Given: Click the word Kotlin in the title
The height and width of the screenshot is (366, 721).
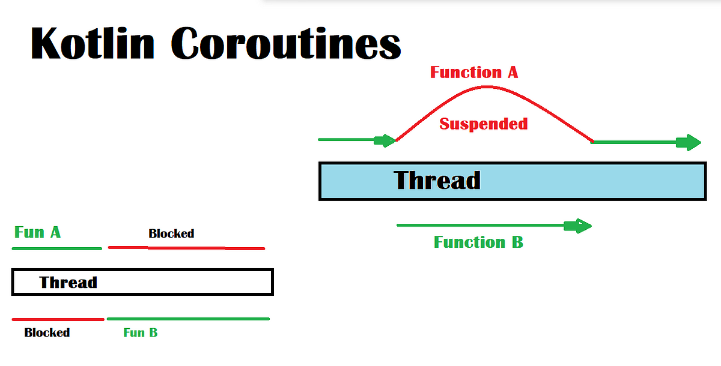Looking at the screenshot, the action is (93, 43).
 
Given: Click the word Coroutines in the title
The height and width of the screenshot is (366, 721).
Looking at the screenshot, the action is (286, 43).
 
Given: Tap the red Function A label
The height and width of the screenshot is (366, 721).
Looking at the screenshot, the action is (474, 73).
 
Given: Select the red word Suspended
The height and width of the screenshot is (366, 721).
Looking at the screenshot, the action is (484, 124).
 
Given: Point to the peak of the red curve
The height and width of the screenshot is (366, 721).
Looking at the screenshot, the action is (487, 87).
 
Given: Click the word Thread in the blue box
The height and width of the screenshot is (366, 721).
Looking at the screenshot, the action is (437, 180).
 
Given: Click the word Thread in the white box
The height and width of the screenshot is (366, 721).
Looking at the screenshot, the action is (68, 283).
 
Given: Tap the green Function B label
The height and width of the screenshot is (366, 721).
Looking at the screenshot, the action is (478, 242).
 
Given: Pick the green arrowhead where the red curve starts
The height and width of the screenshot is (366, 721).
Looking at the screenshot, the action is (385, 140).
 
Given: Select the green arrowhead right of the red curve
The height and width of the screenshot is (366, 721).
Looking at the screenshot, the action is (689, 142).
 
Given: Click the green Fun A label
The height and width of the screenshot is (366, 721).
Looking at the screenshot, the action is (37, 232).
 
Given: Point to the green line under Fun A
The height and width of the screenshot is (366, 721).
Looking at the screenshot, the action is (57, 248).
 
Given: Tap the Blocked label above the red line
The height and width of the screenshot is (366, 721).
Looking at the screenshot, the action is (171, 233).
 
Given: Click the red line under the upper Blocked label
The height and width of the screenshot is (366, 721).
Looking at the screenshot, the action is (186, 248).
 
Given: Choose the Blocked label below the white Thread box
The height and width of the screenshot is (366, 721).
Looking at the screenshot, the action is (47, 332).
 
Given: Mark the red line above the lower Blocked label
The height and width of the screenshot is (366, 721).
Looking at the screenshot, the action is (58, 319).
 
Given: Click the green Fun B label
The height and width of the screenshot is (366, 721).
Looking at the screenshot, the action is (141, 332).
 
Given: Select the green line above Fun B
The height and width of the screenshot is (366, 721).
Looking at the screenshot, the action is (188, 319).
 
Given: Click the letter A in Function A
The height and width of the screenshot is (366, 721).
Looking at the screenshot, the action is (513, 73).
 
